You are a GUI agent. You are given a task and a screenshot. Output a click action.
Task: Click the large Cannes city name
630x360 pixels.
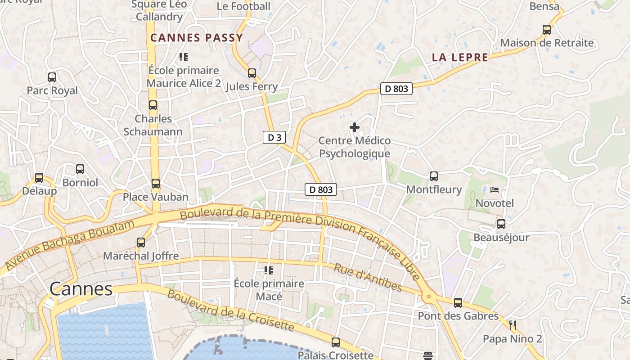(x=81, y=289)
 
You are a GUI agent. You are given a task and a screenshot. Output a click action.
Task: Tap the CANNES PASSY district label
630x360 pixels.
(x=197, y=38)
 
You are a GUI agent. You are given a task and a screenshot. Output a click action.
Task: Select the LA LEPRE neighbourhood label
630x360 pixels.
(x=460, y=57)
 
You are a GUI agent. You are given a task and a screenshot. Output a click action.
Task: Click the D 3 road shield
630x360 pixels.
(x=274, y=138)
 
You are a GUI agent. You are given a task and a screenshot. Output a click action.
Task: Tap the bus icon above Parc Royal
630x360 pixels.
(x=52, y=77)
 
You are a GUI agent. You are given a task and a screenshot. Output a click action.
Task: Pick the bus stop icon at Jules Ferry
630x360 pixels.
(x=252, y=73)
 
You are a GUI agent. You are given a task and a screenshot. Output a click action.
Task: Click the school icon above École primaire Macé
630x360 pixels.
(x=269, y=270)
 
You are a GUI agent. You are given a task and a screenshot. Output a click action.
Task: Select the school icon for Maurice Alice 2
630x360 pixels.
(x=184, y=57)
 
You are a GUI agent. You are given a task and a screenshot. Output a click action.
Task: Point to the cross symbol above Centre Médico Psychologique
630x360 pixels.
(x=355, y=128)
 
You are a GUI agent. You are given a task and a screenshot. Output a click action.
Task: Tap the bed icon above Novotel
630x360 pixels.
(x=495, y=190)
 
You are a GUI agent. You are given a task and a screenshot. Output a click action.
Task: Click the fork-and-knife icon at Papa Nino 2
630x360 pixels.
(x=512, y=325)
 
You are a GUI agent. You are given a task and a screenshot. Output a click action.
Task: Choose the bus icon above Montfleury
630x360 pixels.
(x=434, y=176)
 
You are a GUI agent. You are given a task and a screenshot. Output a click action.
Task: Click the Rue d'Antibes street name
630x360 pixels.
(x=368, y=278)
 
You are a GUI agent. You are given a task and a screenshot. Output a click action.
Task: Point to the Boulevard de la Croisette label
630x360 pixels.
(x=231, y=310)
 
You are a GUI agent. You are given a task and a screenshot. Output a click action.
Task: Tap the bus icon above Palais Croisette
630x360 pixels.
(x=336, y=342)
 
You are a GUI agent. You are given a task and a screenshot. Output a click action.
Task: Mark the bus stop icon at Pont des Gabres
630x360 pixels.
(x=458, y=303)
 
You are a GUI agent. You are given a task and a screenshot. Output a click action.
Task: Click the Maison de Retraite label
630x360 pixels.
(x=547, y=43)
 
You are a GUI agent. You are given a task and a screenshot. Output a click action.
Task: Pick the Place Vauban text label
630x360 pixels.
(x=156, y=197)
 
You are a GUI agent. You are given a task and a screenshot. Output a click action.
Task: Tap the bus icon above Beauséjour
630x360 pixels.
(x=501, y=224)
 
